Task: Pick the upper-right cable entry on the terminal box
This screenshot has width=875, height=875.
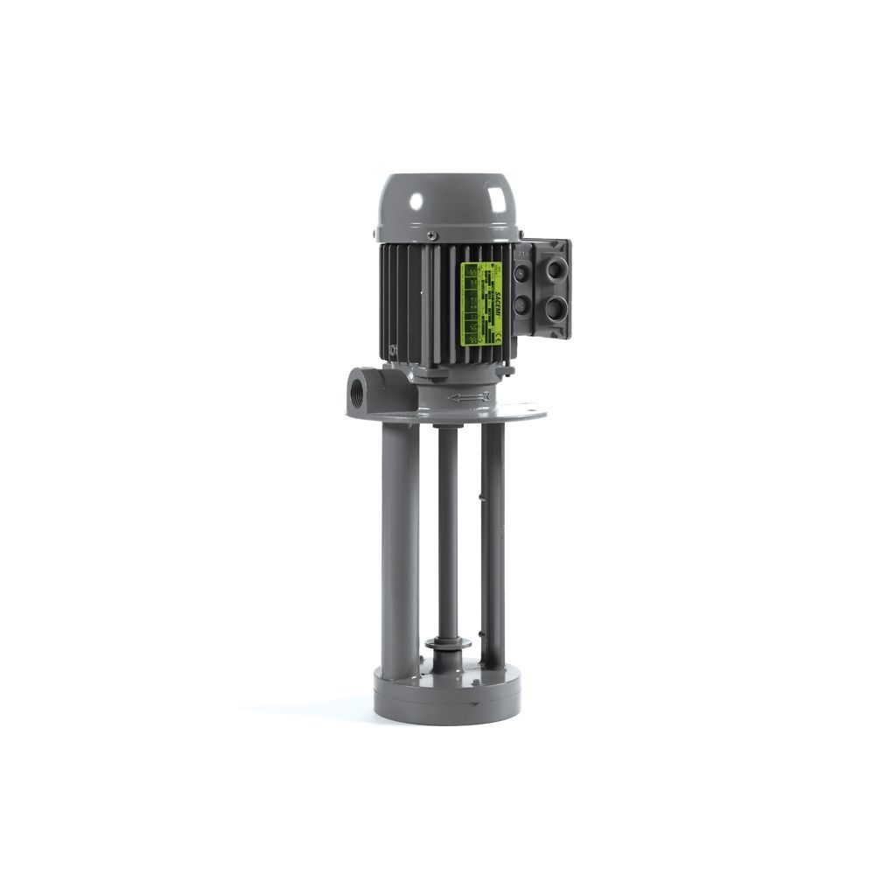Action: coord(555,269)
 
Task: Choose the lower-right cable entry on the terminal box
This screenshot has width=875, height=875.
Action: coord(555,306)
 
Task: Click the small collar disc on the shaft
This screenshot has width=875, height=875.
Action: coord(447,648)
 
